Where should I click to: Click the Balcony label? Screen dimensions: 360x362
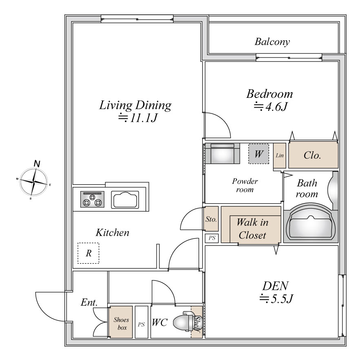(x=272, y=42)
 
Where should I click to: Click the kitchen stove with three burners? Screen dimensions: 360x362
(x=92, y=199)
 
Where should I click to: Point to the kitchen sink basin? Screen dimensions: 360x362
(x=125, y=199)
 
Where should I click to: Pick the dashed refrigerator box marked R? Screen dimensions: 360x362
(x=88, y=253)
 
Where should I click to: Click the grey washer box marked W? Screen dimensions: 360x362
(x=258, y=154)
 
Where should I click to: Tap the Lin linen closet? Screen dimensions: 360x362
(x=280, y=155)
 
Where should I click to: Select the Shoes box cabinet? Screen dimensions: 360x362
(x=121, y=322)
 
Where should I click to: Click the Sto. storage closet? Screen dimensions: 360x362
(x=211, y=219)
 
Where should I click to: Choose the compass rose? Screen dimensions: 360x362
(x=34, y=182)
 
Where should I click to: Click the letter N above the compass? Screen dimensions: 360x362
(x=37, y=163)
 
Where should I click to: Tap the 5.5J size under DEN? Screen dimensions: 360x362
(x=276, y=298)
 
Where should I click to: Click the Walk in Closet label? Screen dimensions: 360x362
(x=252, y=229)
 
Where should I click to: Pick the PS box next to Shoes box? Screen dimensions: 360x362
(x=141, y=322)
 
